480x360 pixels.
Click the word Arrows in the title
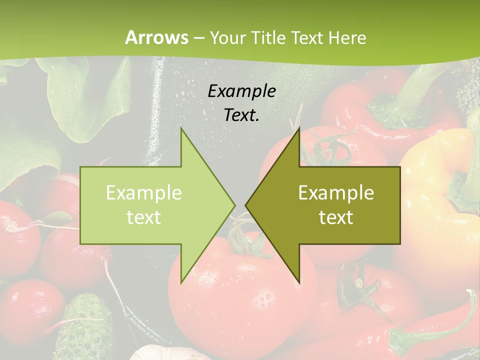click(x=156, y=37)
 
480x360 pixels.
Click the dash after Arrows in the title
click(x=198, y=38)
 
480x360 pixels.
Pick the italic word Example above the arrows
click(x=241, y=91)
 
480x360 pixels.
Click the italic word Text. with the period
click(x=241, y=115)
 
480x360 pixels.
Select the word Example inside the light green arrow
click(x=143, y=192)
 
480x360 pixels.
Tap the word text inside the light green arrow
click(x=143, y=217)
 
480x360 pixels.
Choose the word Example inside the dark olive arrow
click(x=336, y=192)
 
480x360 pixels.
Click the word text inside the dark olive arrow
click(x=336, y=217)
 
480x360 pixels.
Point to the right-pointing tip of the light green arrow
click(x=234, y=205)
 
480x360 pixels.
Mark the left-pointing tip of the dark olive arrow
click(x=246, y=205)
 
